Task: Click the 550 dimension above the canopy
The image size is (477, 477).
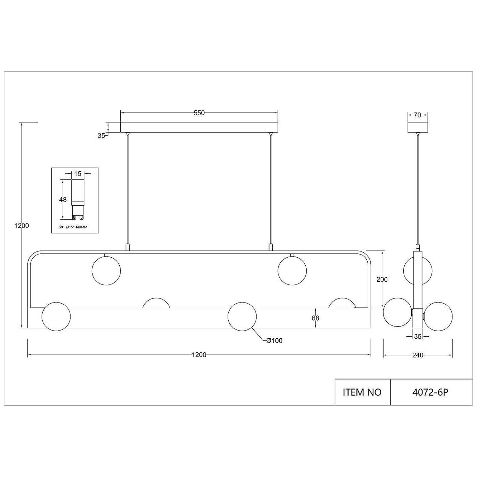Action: pos(199,113)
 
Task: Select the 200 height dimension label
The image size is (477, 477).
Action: pos(382,280)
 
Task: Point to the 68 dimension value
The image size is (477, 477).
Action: pos(316,318)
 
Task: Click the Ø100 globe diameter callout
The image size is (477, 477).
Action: pos(274,341)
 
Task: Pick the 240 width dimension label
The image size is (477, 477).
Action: pos(418,355)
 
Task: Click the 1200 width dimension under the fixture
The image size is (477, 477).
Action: pos(199,355)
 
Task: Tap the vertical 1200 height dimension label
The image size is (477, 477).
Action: pos(22,226)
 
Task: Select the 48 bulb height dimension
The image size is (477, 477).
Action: pos(63,200)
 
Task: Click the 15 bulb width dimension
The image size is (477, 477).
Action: pos(77,174)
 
